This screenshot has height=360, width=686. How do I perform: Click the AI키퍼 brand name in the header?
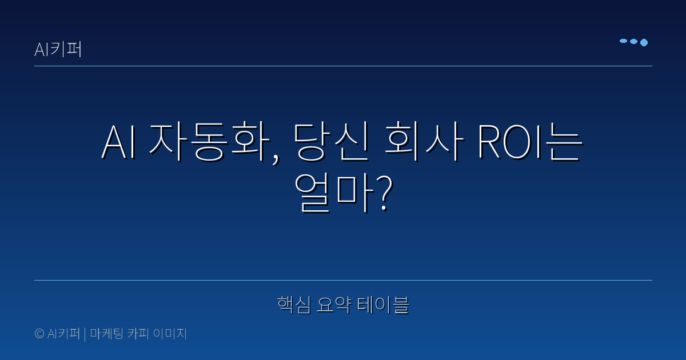click(58, 50)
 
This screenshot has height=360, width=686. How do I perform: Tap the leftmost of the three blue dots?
click(623, 41)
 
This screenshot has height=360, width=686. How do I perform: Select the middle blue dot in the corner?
click(633, 42)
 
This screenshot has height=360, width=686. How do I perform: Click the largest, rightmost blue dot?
click(644, 42)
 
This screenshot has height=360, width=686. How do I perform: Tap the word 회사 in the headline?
click(422, 143)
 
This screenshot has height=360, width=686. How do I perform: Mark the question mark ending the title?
click(384, 193)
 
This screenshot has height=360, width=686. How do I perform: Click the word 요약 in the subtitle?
click(334, 305)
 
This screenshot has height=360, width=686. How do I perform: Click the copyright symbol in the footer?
click(39, 334)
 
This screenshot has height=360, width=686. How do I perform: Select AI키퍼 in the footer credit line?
click(64, 334)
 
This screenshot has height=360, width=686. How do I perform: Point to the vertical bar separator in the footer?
click(85, 334)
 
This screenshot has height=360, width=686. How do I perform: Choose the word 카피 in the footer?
click(141, 334)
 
